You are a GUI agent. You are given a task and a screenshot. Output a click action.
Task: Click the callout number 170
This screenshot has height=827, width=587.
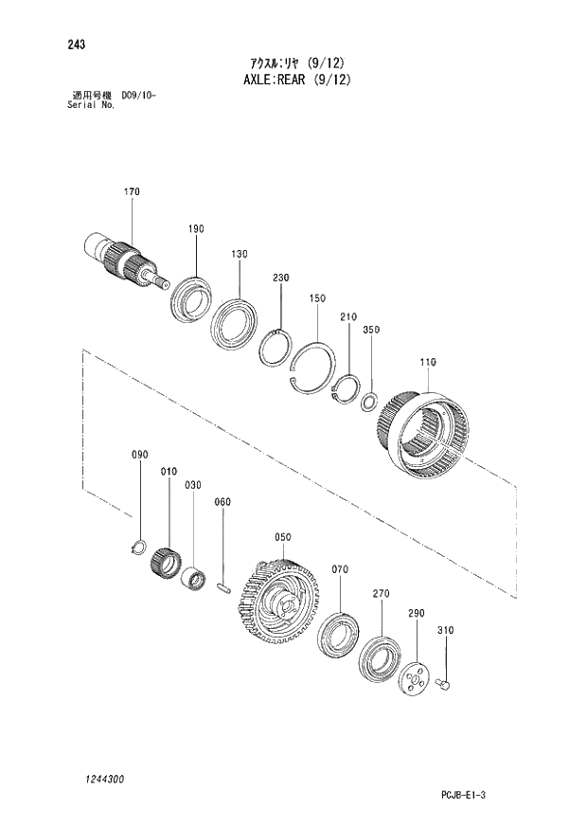point(132,192)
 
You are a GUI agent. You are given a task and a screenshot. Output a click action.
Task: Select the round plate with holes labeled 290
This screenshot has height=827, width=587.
point(411,675)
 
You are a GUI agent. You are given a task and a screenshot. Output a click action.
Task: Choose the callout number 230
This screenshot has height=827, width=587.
point(280,278)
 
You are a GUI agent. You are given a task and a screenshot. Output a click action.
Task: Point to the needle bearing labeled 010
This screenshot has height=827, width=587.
point(167,566)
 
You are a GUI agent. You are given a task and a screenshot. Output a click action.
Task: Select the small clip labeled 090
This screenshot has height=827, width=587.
point(138,547)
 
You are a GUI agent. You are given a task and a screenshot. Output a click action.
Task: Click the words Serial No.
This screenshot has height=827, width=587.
point(91,104)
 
